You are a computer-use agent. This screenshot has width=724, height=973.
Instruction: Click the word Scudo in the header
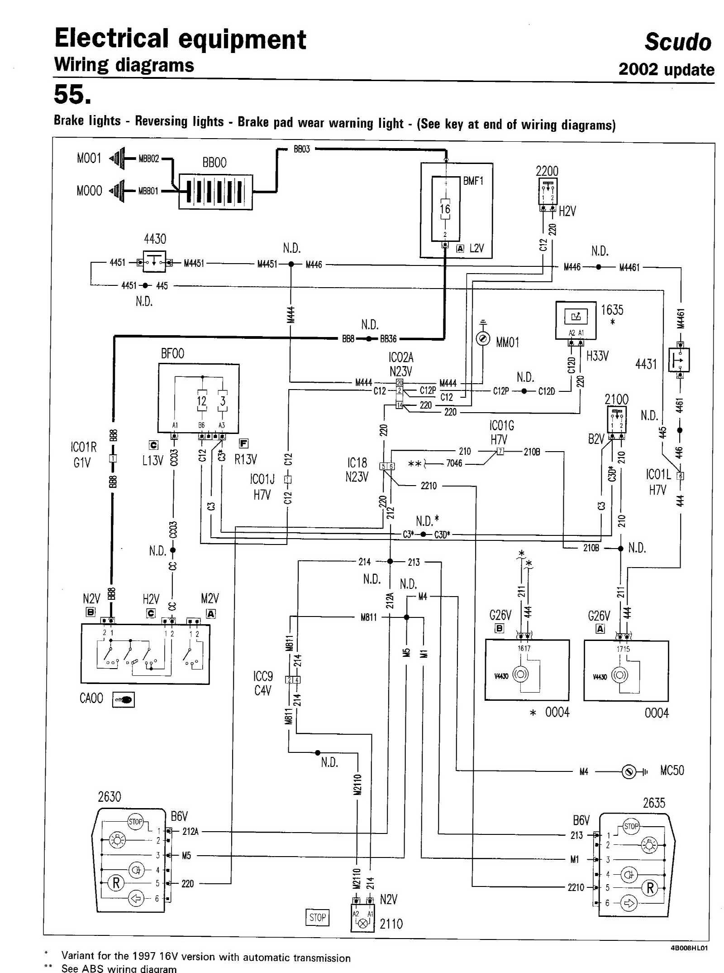[677, 42]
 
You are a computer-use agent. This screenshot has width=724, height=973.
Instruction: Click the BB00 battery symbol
[215, 191]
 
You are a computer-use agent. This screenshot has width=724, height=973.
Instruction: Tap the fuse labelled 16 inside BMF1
[445, 209]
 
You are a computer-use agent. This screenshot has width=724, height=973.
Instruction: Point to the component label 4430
[155, 239]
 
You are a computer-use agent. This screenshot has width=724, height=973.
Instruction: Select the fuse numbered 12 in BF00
[201, 401]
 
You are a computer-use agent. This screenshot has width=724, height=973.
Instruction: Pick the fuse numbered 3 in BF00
[223, 401]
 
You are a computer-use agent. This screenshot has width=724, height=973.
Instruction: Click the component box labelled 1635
[576, 320]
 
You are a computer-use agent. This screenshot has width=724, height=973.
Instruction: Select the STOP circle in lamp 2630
[135, 821]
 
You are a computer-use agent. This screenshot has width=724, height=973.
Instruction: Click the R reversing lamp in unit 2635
[650, 888]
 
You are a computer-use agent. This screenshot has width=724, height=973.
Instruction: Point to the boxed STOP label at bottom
[317, 917]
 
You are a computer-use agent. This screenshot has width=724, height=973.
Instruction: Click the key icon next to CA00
[123, 699]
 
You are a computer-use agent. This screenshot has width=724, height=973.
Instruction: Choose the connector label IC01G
[501, 426]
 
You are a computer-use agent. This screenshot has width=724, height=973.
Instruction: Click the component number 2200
[547, 171]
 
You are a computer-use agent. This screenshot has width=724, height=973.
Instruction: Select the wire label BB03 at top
[302, 149]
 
